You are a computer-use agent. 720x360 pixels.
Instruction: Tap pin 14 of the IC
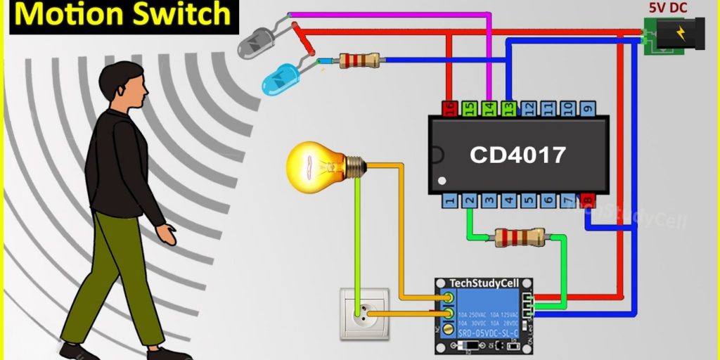[x=489, y=108]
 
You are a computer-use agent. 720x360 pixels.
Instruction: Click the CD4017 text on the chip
[x=517, y=155]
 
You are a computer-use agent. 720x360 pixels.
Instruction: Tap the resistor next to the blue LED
[x=359, y=60]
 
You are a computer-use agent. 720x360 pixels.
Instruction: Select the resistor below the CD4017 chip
[x=520, y=237]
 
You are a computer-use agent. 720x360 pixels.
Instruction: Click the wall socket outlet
[x=363, y=312]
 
